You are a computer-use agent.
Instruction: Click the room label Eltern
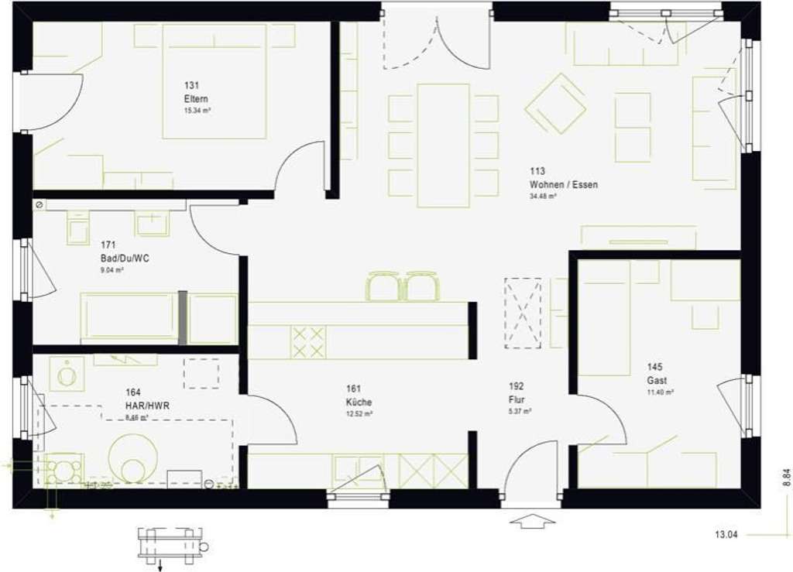pyautogui.click(x=196, y=99)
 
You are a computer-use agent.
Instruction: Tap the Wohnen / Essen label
pyautogui.click(x=563, y=185)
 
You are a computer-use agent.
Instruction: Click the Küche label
pyautogui.click(x=359, y=402)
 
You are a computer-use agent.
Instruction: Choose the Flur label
pyautogui.click(x=517, y=399)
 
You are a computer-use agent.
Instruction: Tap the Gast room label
pyautogui.click(x=657, y=381)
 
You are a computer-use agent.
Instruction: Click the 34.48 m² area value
pyautogui.click(x=543, y=197)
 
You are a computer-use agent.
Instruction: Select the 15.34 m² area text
pyautogui.click(x=197, y=111)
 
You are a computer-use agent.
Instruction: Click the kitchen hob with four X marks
pyautogui.click(x=307, y=341)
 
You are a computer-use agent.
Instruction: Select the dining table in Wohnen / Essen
pyautogui.click(x=443, y=146)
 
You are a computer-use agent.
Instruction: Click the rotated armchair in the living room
pyautogui.click(x=555, y=103)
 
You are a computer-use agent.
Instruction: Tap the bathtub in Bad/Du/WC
pyautogui.click(x=129, y=317)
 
